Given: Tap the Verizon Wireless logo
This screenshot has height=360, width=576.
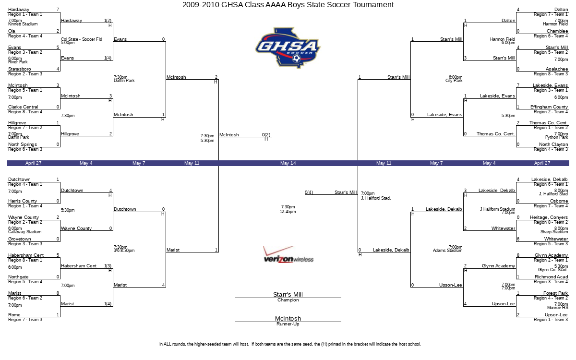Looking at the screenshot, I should tap(288, 255).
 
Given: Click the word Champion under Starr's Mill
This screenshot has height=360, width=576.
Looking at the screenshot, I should tap(288, 300).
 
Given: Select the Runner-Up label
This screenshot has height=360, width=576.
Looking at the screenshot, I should tap(288, 324).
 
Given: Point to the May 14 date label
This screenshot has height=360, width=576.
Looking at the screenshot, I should tap(288, 163).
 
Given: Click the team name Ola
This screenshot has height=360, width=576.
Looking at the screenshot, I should tap(12, 31).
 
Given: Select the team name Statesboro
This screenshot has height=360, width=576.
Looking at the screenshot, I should tap(19, 69).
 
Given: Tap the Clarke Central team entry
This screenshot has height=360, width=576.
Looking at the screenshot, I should tap(23, 107).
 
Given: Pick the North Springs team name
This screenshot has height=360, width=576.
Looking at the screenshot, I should tap(23, 144).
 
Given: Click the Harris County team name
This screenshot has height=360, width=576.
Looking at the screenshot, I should tap(23, 201).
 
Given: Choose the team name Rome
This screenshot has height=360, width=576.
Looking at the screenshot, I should tap(14, 315).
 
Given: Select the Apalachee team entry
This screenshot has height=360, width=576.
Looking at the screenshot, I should tap(557, 69).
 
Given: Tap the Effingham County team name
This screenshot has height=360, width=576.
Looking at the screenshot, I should tap(549, 107).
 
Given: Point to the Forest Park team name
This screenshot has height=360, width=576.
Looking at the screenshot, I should tap(556, 293).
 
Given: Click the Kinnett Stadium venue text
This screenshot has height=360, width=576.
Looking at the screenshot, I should tap(23, 24).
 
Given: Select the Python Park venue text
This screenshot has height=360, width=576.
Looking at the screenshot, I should tap(556, 137).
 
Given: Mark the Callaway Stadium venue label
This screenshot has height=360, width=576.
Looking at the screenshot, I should tap(24, 232).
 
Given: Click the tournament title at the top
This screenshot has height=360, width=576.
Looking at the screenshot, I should tap(288, 5).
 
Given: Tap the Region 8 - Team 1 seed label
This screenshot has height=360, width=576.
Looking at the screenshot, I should tap(25, 260).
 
